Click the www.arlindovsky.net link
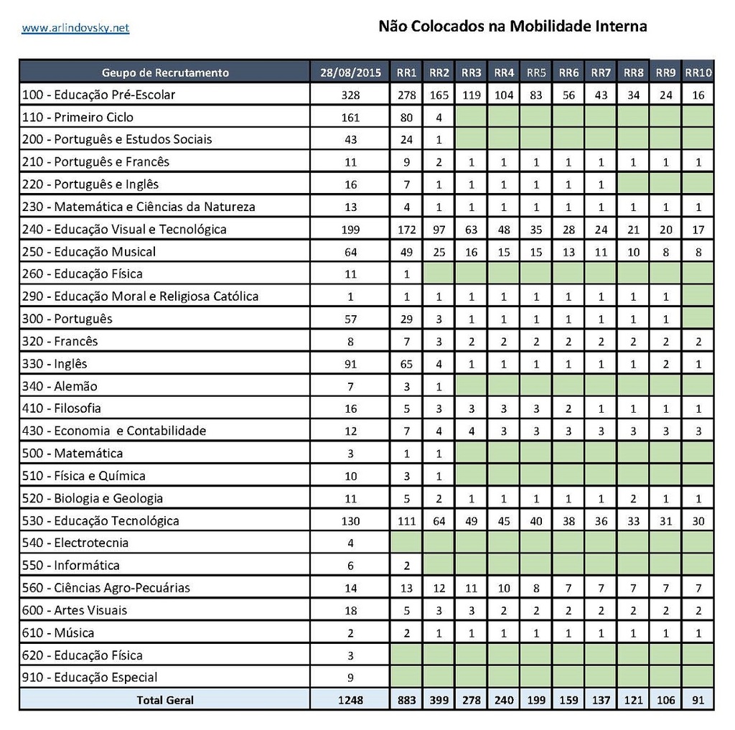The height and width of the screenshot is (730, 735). (75, 28)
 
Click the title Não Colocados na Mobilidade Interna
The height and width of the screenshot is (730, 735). (512, 27)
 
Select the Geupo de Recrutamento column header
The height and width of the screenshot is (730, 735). (165, 72)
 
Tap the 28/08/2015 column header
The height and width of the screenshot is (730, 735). (350, 72)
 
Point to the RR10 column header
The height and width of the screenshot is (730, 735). (698, 72)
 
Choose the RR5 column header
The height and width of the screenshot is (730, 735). (536, 72)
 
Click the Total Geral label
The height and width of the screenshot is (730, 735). (165, 700)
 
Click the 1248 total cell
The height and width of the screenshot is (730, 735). (350, 700)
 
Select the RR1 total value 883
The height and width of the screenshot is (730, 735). (406, 700)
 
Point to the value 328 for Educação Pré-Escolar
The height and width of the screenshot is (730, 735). (350, 95)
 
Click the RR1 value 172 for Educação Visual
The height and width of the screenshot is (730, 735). (406, 230)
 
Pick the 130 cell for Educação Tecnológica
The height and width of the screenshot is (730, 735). (350, 521)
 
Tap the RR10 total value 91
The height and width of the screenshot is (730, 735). (698, 700)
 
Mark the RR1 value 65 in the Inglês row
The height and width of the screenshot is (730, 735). (406, 364)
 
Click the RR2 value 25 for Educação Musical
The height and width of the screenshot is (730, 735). (439, 252)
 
